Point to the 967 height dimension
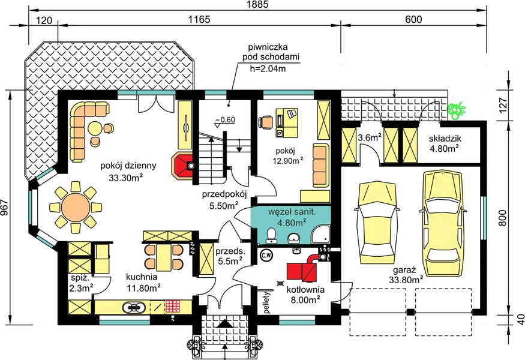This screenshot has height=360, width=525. click(x=5, y=208)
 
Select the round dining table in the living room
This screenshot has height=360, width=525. click(x=74, y=208)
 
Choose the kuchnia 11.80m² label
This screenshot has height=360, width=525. click(x=142, y=283)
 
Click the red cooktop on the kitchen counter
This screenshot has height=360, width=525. click(x=173, y=306)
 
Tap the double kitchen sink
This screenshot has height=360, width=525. click(x=133, y=307)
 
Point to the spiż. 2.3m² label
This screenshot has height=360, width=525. click(x=81, y=284)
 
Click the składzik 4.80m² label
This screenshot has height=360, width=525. click(x=443, y=142)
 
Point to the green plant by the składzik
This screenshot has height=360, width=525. click(x=457, y=109)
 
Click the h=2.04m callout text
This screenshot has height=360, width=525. click(x=268, y=68)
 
